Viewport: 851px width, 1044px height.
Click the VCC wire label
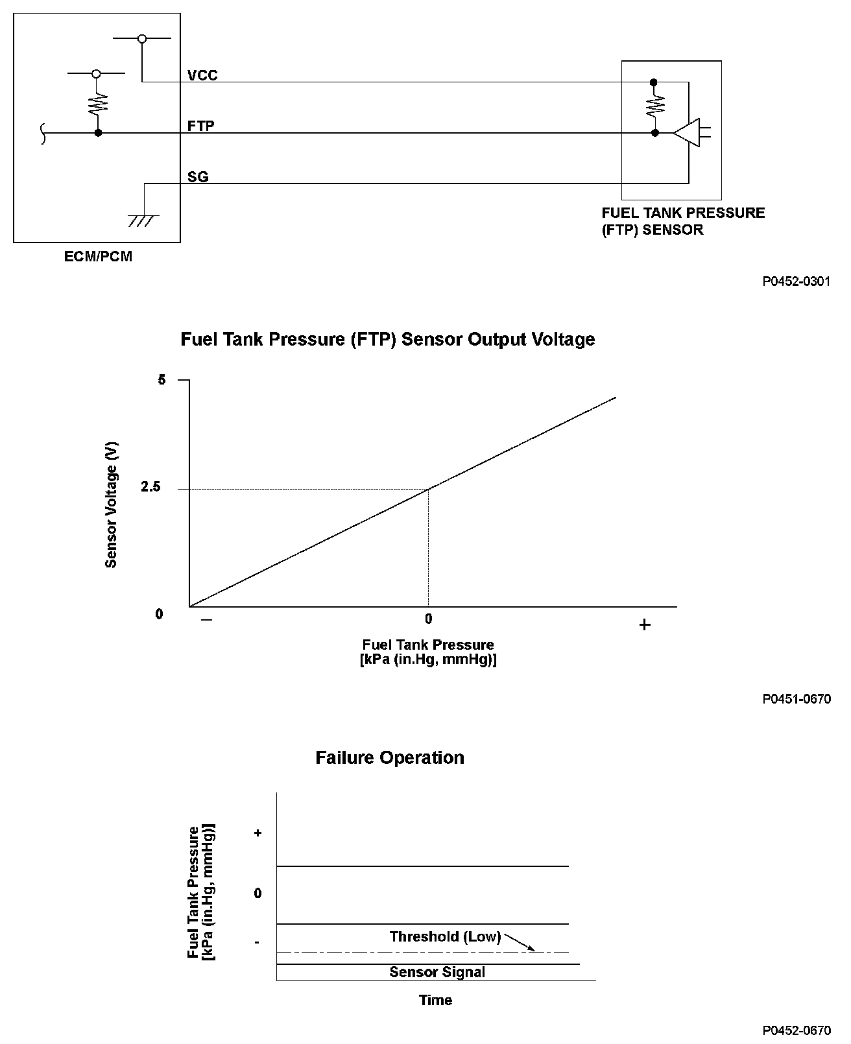202,75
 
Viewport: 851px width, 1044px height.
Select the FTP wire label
200,126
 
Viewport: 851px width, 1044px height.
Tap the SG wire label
198,176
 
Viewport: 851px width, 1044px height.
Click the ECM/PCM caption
98,257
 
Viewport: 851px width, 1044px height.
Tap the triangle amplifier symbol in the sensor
687,132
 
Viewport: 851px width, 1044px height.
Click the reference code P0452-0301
796,282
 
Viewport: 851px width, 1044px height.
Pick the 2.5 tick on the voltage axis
150,488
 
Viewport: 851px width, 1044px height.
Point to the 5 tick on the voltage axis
162,380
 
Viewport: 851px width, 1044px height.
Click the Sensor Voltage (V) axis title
112,505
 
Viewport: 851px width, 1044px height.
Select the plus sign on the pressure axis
644,625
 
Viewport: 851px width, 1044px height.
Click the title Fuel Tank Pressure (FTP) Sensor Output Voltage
387,340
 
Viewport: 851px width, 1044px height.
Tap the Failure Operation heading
389,758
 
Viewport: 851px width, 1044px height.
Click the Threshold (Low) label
445,936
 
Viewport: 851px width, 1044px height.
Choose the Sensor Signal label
437,972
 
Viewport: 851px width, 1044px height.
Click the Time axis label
435,1000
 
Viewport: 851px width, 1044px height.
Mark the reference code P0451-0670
796,699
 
